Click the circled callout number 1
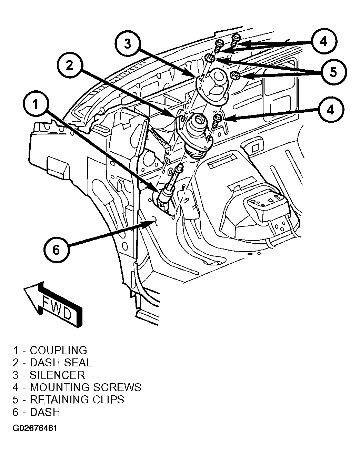[x=36, y=104]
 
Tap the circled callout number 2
[x=70, y=65]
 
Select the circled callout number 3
[x=128, y=44]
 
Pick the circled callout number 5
[x=334, y=72]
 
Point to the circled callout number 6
[x=57, y=250]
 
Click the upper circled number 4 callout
[x=324, y=41]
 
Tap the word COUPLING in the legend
[x=58, y=350]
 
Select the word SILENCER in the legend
[x=57, y=375]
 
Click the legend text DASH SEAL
[x=61, y=363]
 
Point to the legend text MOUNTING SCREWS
[x=86, y=387]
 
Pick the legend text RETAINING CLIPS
[x=77, y=400]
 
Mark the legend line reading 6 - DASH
[x=36, y=412]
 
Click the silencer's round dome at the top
[x=219, y=78]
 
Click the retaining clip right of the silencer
[x=236, y=75]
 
